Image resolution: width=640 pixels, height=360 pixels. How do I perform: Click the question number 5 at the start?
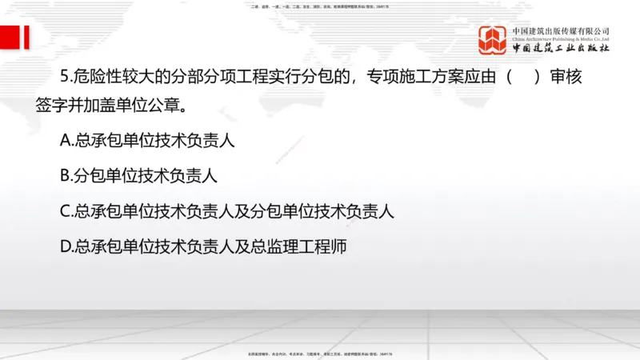point(65,78)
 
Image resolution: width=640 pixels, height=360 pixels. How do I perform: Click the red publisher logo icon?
point(493,40)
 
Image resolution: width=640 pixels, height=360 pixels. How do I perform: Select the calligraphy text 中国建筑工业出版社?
point(561,49)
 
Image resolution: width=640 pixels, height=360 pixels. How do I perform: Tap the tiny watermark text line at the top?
point(319,6)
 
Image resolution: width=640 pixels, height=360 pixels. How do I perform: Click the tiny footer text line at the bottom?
point(319,353)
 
